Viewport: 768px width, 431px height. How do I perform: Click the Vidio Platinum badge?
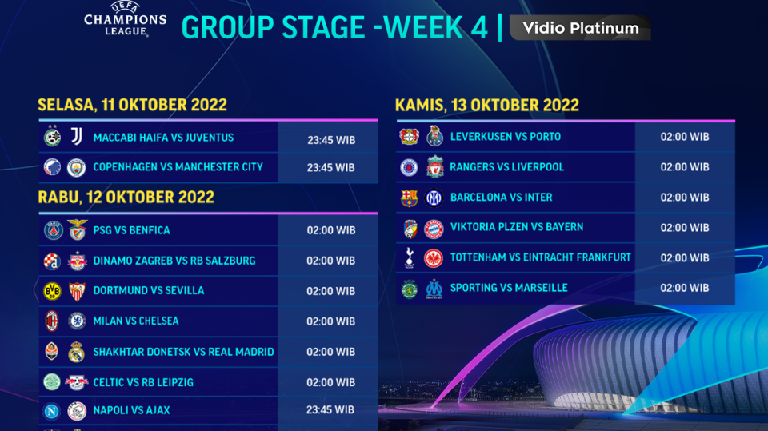(x=580, y=28)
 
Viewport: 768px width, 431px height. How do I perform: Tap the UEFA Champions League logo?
(x=126, y=18)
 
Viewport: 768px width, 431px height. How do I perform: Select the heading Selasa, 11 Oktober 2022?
(x=132, y=105)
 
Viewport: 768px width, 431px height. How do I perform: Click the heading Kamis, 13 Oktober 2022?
(x=486, y=105)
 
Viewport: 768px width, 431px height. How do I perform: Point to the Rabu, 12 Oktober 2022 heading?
(x=126, y=198)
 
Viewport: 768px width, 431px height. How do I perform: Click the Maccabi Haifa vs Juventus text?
(x=163, y=138)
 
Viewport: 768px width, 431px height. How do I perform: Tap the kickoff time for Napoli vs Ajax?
(x=331, y=410)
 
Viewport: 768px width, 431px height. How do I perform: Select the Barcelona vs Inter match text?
(x=501, y=197)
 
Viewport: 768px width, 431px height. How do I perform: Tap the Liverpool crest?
(x=434, y=167)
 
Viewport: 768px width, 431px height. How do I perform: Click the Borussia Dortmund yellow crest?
(x=53, y=291)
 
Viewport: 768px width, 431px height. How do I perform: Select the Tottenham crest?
(x=410, y=257)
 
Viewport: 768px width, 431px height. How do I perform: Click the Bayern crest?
(x=434, y=228)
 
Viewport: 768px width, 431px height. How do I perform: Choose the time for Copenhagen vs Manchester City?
(x=331, y=168)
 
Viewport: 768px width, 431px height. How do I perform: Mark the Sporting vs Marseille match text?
(x=509, y=288)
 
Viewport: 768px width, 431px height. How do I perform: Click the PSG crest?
(x=53, y=230)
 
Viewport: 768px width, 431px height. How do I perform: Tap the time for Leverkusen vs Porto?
(x=684, y=137)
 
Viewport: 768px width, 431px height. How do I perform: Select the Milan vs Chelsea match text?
(x=136, y=321)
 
